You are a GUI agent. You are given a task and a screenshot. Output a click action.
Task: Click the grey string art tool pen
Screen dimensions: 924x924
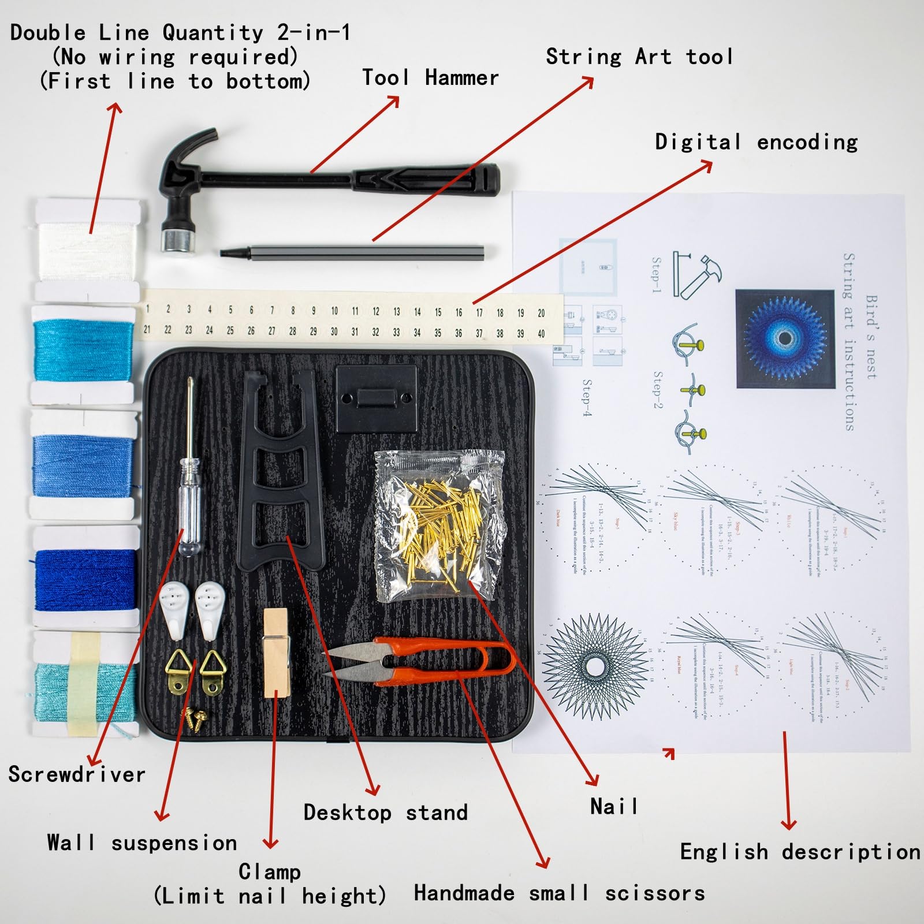point(352,252)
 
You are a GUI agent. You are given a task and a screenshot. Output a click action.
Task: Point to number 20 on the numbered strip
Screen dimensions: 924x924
point(541,313)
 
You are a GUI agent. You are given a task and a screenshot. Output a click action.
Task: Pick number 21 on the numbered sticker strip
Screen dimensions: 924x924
point(147,329)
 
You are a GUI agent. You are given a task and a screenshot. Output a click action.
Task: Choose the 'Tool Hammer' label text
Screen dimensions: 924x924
point(430,78)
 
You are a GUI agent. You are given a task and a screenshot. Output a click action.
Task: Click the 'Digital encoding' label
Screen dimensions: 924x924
point(756,142)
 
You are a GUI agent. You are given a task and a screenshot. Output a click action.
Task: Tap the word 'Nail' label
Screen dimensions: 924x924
point(614,807)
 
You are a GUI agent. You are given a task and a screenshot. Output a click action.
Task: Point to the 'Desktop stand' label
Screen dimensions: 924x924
point(386,813)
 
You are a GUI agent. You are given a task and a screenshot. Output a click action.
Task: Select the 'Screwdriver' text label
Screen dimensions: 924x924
point(77,774)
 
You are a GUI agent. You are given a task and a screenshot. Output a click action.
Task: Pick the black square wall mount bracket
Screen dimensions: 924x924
point(376,397)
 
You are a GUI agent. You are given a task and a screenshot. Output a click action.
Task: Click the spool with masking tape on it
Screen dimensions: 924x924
point(85,684)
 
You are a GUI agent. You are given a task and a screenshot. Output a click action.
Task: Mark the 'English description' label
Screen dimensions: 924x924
point(800,852)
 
